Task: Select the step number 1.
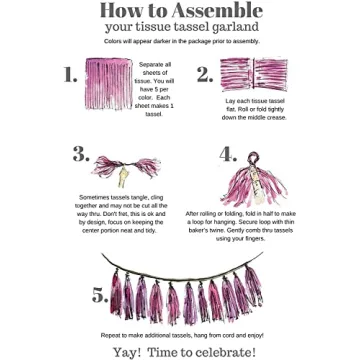coord(70,76)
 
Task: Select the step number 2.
coord(204,76)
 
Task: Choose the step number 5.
coord(100,294)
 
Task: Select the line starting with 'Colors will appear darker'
coord(180,41)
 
